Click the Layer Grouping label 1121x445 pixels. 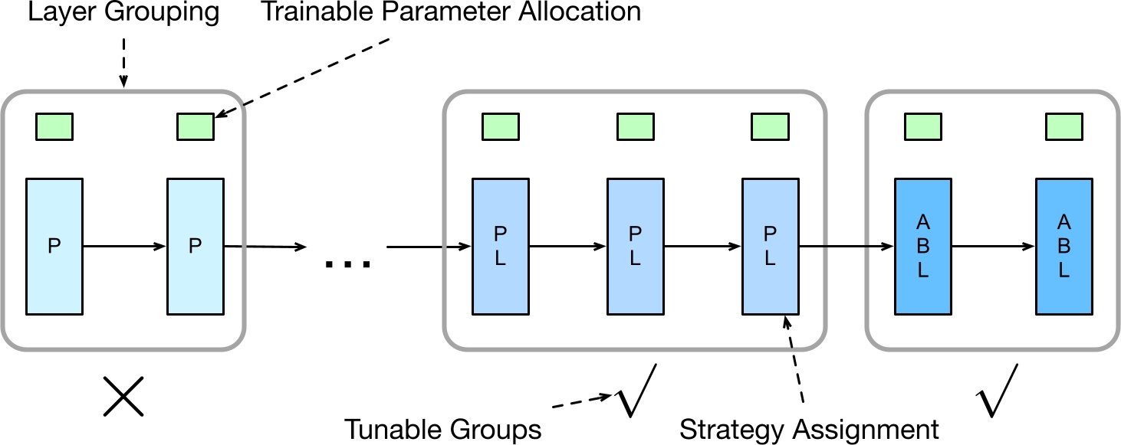[123, 13]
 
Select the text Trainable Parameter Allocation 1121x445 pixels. [452, 13]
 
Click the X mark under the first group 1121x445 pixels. [123, 398]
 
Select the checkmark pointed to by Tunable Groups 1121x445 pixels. [636, 391]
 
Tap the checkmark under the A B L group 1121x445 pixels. [997, 391]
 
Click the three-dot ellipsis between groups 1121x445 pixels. [347, 264]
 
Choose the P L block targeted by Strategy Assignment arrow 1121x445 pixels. [770, 247]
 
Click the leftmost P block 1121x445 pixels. [54, 247]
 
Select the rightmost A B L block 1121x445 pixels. [1063, 247]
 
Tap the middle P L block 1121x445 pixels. [635, 247]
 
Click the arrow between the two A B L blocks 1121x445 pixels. [993, 247]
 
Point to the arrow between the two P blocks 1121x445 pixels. [124, 247]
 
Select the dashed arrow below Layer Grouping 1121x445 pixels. [123, 57]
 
